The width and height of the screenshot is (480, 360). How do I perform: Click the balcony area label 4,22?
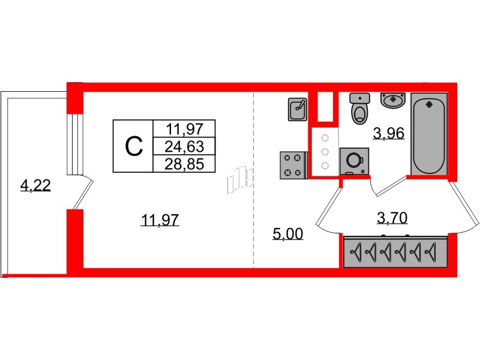click(x=35, y=186)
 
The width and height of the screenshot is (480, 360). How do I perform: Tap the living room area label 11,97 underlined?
click(x=160, y=221)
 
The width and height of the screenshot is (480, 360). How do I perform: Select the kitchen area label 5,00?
click(x=287, y=234)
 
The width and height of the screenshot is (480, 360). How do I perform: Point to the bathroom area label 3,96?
click(x=388, y=133)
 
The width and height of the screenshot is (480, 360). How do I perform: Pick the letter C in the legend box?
click(x=133, y=146)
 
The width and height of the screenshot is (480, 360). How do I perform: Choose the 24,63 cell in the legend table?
click(x=185, y=146)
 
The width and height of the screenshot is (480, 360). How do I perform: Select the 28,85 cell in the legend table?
click(x=185, y=163)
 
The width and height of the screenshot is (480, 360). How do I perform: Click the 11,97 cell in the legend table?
click(x=185, y=128)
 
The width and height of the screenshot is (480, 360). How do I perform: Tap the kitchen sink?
click(x=298, y=110)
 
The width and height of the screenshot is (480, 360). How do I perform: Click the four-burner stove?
click(x=293, y=166)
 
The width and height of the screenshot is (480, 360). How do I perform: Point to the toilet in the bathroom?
click(x=359, y=109)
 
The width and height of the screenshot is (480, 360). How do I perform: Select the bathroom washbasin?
click(x=393, y=100)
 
